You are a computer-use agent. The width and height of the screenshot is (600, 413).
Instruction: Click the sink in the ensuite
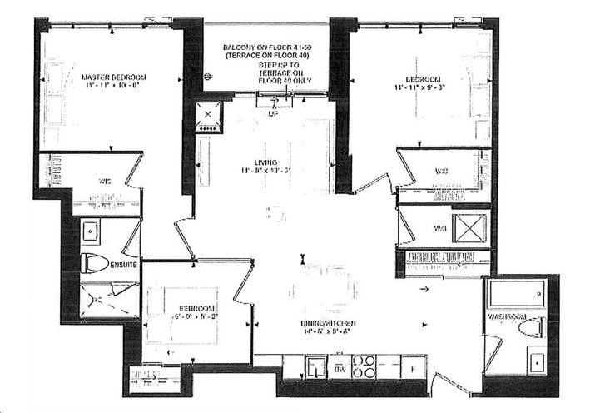(91, 231)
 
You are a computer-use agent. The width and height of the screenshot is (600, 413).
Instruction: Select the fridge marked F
(412, 366)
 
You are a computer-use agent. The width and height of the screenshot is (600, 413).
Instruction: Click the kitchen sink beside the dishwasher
(315, 366)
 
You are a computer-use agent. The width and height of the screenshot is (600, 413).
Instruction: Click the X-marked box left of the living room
(205, 117)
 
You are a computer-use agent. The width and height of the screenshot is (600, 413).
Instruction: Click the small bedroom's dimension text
(193, 316)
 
